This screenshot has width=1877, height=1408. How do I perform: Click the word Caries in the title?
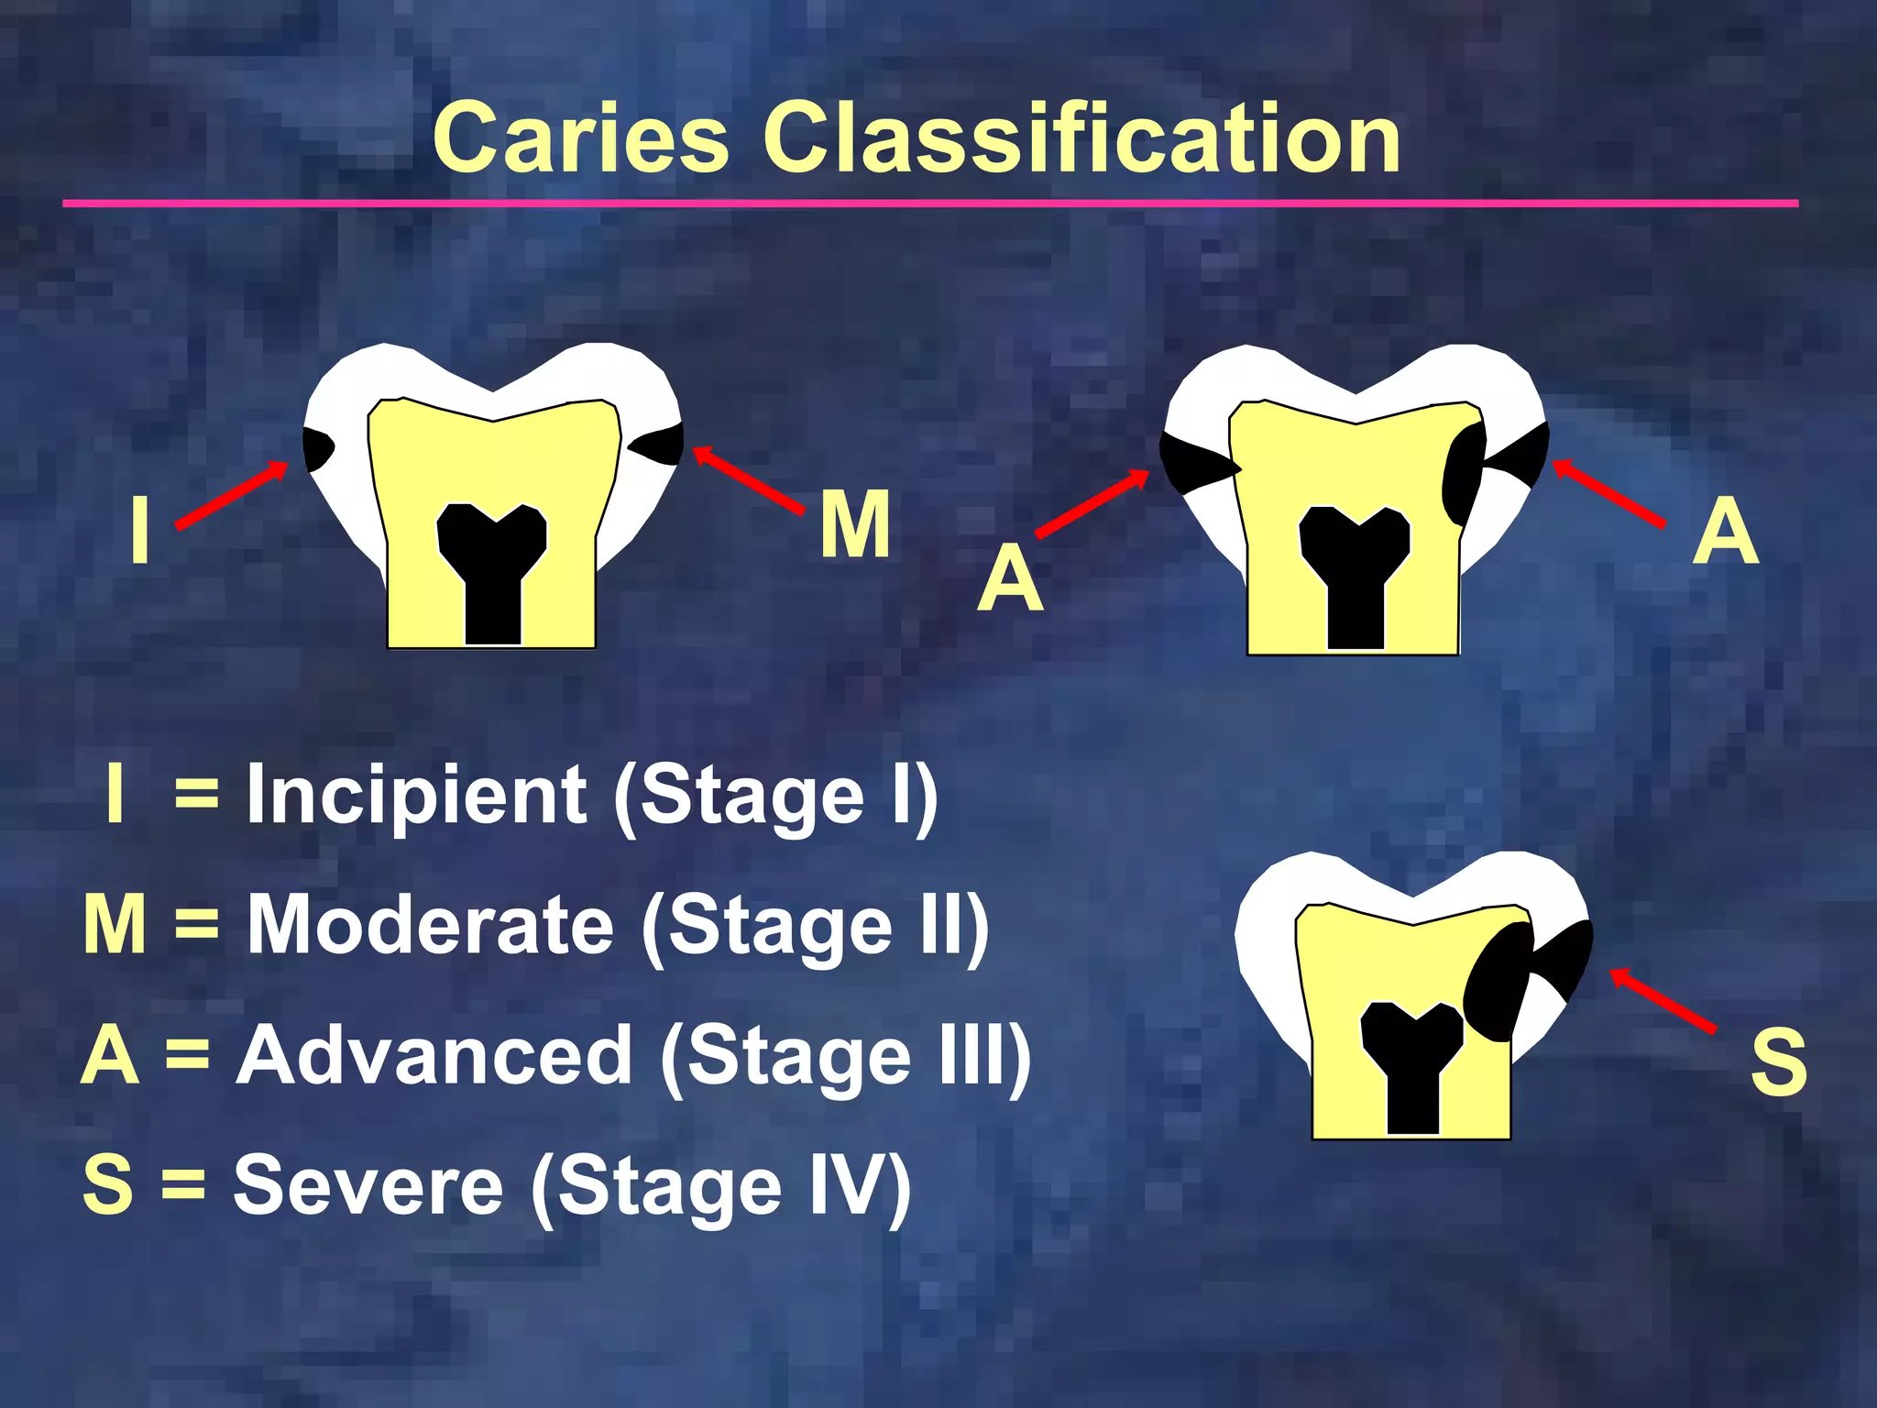click(x=581, y=138)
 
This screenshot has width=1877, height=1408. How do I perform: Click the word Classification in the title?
click(x=1081, y=138)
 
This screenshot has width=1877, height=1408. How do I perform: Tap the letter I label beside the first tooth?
click(x=139, y=529)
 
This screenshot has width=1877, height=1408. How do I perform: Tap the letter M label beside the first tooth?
click(x=854, y=524)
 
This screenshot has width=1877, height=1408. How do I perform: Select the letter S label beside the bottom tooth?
click(x=1778, y=1061)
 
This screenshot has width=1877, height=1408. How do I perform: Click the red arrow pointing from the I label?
click(x=232, y=495)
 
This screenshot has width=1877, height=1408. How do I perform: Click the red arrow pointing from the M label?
click(x=748, y=478)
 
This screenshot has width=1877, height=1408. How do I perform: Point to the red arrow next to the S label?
click(x=1663, y=1001)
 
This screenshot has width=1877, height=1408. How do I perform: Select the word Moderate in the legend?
click(x=431, y=925)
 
